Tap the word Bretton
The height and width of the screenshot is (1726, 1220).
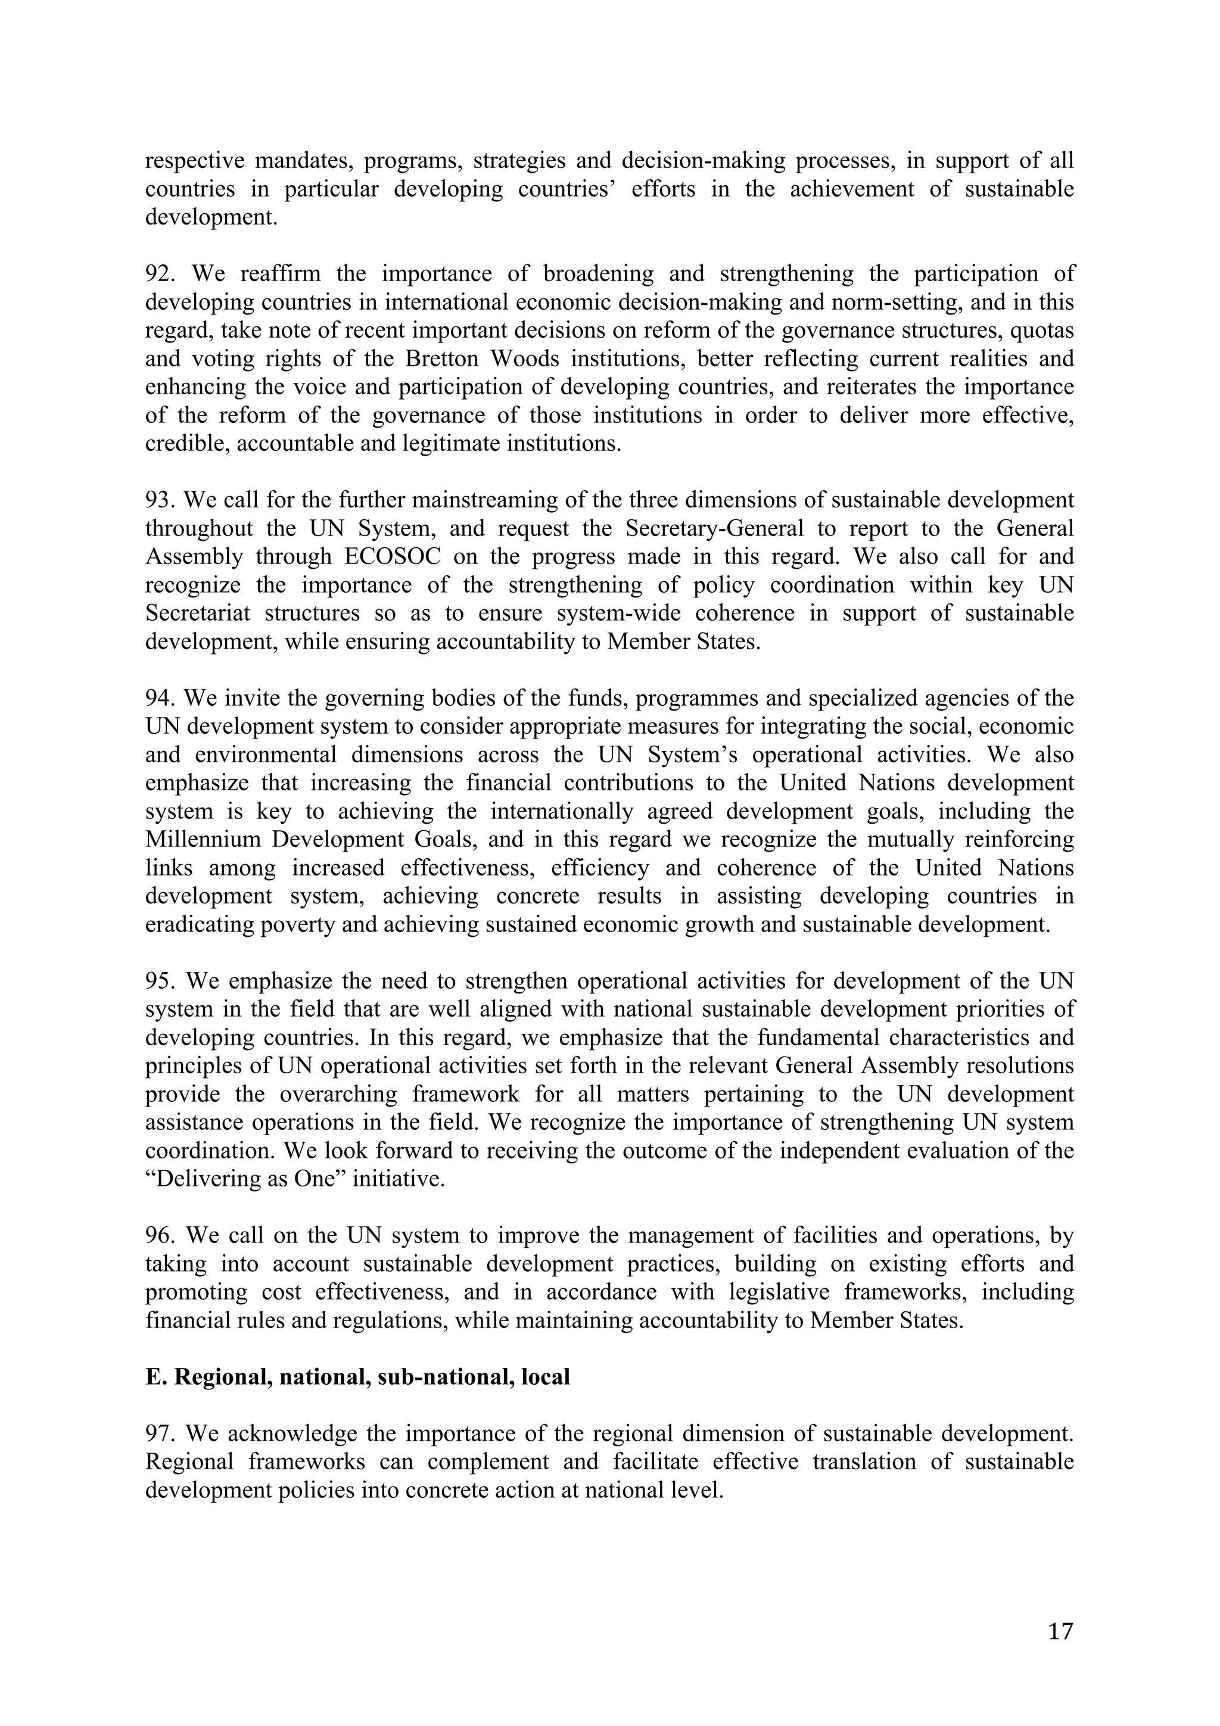point(441,359)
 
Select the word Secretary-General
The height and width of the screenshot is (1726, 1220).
point(714,528)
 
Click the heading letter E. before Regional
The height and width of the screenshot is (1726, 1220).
point(154,1376)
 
